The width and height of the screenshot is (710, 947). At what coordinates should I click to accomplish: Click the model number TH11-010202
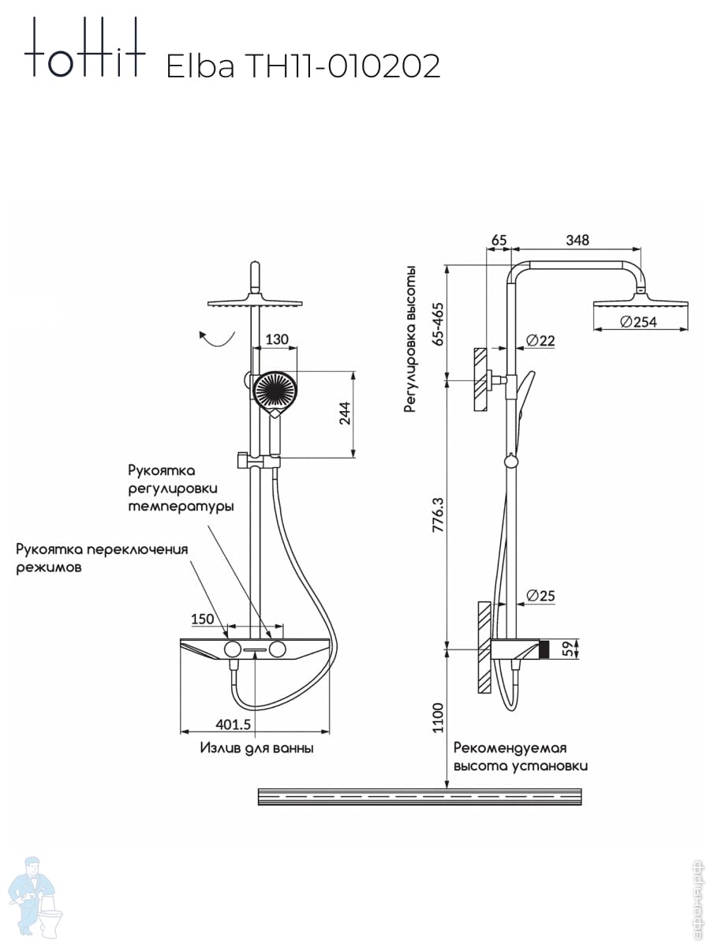coord(344,67)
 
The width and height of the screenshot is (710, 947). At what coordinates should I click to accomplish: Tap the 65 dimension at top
coord(499,240)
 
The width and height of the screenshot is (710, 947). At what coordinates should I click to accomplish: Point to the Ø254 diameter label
coord(638,322)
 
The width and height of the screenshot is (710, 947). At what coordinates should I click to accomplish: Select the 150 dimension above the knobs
coord(203,619)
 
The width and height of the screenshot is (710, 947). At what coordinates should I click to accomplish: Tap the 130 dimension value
coord(277,339)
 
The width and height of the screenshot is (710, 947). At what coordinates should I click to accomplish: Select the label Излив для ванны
coord(256,748)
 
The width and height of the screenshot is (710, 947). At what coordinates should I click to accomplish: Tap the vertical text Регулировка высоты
coord(409,339)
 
